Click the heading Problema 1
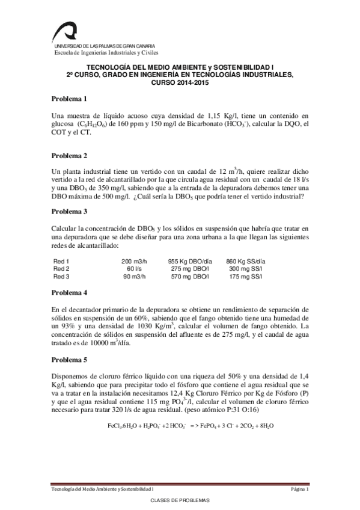click(69, 99)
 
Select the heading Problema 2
click(69, 156)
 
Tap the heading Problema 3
click(69, 212)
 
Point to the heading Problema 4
click(69, 292)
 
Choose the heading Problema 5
click(69, 360)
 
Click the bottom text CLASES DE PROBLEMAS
click(179, 500)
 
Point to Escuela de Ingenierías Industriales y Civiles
click(97, 52)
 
